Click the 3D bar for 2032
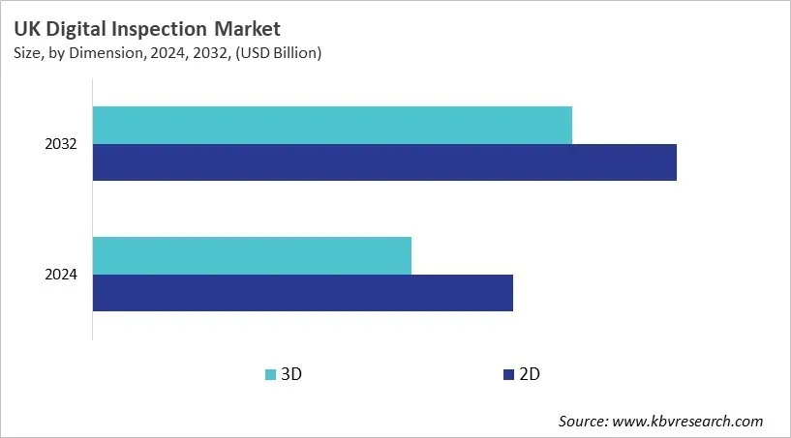[332, 126]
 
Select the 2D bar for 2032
[384, 162]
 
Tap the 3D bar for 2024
[252, 255]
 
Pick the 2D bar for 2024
[302, 293]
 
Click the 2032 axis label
[61, 144]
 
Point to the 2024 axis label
[61, 275]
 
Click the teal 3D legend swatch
[270, 374]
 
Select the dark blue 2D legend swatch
[507, 374]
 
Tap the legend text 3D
[291, 374]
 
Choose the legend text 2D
[529, 374]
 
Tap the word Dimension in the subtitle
[100, 53]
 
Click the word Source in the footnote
[583, 421]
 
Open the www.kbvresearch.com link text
[688, 421]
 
